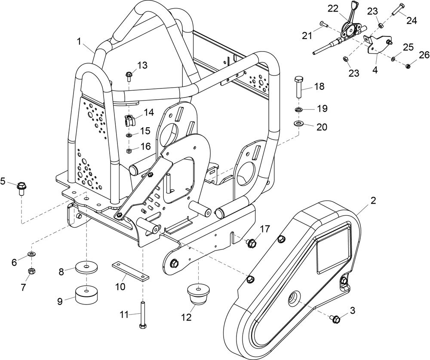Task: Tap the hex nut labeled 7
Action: click(31, 271)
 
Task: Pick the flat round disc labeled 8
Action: click(87, 267)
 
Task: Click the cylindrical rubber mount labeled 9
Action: click(87, 295)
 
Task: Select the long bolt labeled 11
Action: click(143, 314)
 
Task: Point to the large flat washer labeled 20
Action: click(298, 123)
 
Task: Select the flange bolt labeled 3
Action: click(336, 319)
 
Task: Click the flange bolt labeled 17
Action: click(251, 242)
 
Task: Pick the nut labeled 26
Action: click(408, 66)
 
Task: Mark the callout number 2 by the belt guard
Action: click(373, 201)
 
